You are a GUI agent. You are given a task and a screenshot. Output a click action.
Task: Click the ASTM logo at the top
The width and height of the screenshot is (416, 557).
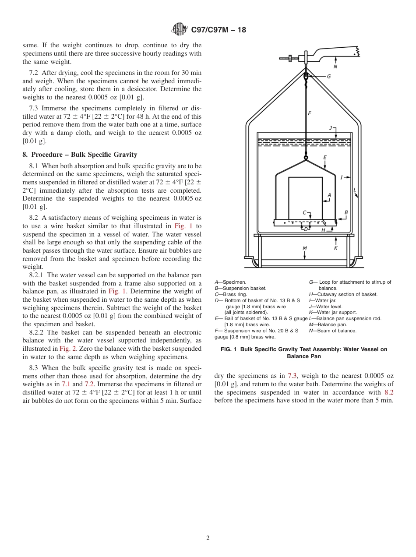tap(179, 29)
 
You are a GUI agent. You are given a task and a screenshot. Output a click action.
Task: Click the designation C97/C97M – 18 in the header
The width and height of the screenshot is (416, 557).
tap(219, 30)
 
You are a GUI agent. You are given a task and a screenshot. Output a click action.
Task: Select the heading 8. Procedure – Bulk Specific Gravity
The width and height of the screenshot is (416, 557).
tap(80, 155)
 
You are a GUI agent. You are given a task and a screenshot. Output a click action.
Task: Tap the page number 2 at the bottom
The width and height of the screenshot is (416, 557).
tap(208, 538)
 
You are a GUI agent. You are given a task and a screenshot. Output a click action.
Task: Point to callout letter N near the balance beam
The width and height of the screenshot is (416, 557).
tap(335, 67)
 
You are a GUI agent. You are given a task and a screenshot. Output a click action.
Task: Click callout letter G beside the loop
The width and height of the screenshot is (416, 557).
tap(328, 76)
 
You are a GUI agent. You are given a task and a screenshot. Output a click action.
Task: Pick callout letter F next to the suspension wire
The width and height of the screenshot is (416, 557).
tap(310, 113)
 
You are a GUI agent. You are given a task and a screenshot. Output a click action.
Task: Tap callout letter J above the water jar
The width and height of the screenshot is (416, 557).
tap(331, 128)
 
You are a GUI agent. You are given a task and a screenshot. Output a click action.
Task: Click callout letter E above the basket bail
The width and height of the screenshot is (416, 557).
tap(324, 157)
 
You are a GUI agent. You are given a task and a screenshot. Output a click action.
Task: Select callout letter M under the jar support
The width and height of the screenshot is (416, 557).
tap(305, 248)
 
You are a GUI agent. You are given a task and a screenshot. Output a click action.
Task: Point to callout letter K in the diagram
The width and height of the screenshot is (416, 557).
tap(335, 248)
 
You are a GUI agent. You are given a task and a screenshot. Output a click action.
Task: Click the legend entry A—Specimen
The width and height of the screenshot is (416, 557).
tap(230, 282)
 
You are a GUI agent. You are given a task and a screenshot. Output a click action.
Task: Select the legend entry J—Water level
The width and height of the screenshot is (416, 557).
tap(326, 307)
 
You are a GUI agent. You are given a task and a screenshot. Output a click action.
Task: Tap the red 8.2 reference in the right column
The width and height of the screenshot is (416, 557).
tap(388, 392)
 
